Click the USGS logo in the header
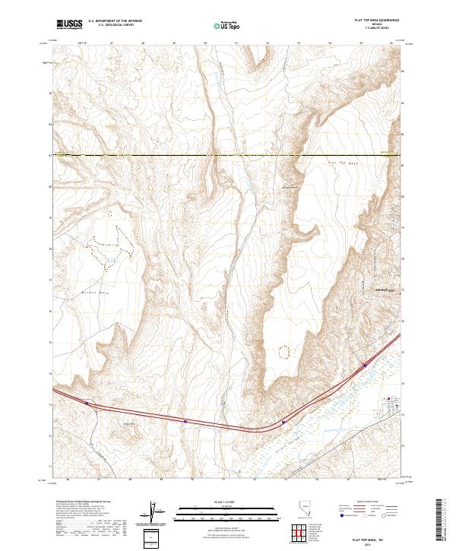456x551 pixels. pos(69,24)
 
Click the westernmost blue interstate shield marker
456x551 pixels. pos(87,404)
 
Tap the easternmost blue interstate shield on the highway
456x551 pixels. pos(366,366)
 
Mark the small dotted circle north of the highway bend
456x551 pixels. pos(285,351)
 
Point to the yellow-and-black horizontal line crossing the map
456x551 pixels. pos(228,156)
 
